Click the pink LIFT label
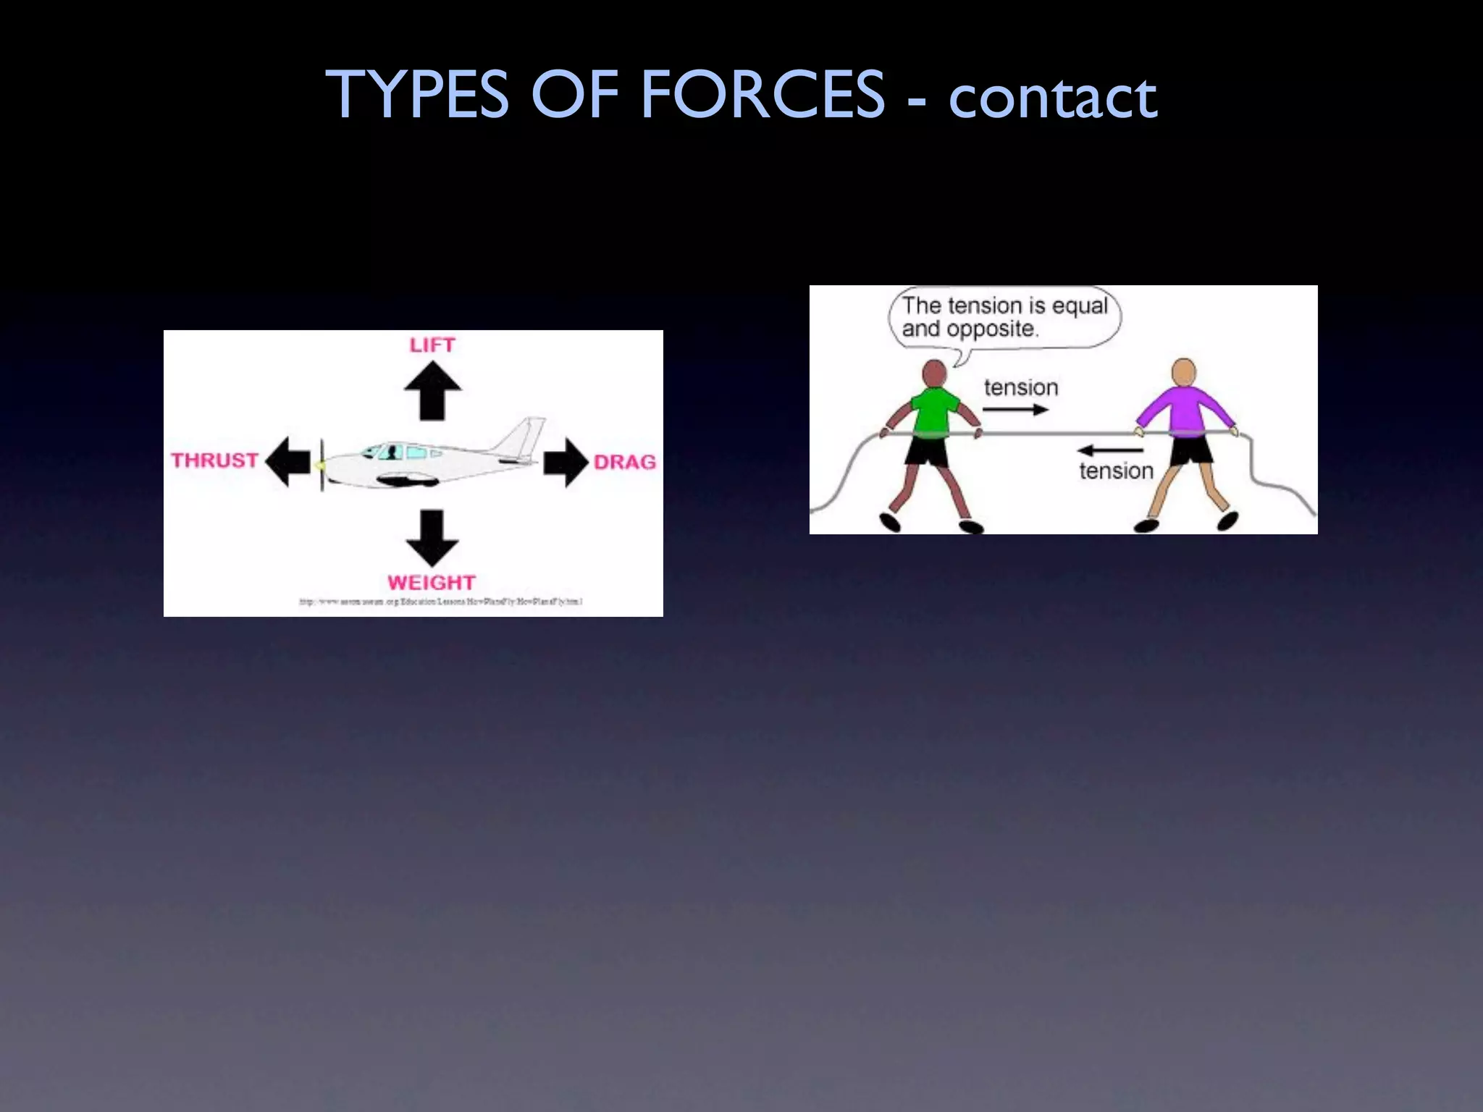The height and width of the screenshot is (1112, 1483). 432,345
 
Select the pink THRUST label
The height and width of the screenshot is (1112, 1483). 215,460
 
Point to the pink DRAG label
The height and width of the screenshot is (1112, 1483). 624,462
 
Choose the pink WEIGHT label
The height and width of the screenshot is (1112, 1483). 432,583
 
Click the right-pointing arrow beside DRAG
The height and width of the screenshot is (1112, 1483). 566,461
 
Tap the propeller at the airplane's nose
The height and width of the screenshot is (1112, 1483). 322,465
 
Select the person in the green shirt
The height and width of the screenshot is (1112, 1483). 933,442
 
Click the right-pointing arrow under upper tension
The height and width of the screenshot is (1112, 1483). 1015,410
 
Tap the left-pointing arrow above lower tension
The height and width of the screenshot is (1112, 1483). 1109,450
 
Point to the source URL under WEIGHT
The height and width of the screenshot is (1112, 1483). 441,602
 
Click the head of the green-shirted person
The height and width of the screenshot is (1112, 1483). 935,374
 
